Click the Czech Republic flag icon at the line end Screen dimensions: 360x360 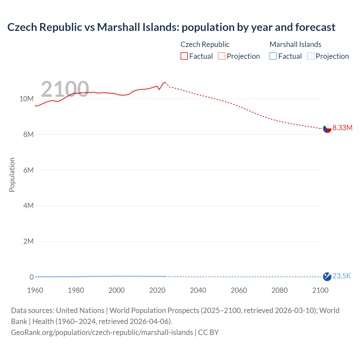click(x=327, y=129)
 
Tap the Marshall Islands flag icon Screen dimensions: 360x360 click(x=327, y=276)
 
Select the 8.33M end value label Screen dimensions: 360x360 click(x=342, y=128)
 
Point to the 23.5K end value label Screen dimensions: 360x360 click(x=342, y=276)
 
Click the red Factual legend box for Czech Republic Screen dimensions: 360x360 click(x=184, y=56)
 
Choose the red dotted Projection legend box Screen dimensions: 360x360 click(x=222, y=56)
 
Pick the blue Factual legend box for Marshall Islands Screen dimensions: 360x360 click(x=273, y=56)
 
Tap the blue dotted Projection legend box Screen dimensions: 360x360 click(x=311, y=56)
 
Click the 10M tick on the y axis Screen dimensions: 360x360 click(x=26, y=99)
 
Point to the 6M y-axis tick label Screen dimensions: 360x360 click(x=28, y=170)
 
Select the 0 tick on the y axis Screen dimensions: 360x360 click(x=31, y=277)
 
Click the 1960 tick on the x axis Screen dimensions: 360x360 click(x=35, y=290)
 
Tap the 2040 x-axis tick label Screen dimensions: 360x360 click(x=198, y=290)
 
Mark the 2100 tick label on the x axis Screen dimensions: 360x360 click(x=320, y=290)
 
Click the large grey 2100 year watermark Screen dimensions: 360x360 click(x=65, y=89)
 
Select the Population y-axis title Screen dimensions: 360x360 click(x=12, y=175)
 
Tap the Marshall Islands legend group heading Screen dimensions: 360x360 click(x=295, y=44)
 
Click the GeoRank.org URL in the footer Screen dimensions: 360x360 click(x=102, y=332)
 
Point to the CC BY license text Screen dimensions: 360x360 click(x=208, y=332)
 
